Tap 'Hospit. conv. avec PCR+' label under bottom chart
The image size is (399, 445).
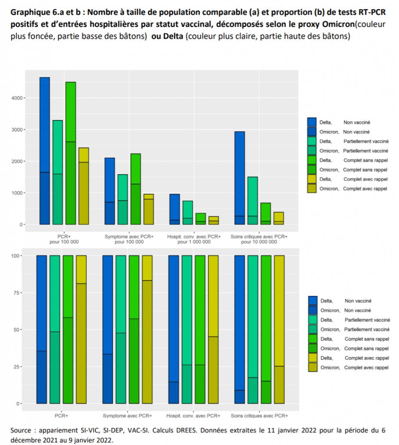194,416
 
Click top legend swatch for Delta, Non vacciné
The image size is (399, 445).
312,123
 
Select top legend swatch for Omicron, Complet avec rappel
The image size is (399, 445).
312,188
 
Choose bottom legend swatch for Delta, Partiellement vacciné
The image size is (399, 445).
313,319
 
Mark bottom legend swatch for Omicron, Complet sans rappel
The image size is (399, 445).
313,348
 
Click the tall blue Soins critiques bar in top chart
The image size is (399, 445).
239,174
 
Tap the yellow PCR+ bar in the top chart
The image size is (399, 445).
83,187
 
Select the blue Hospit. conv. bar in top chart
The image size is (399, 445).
175,209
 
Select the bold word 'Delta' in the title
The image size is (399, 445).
173,37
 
